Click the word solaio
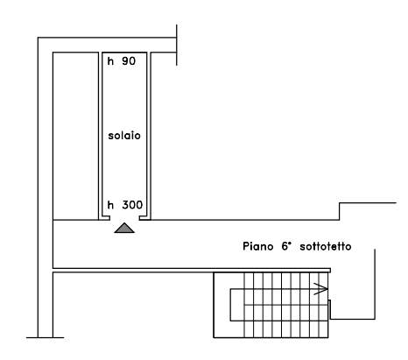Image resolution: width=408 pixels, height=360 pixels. click(x=124, y=136)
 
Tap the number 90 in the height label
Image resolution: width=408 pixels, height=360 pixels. click(x=129, y=61)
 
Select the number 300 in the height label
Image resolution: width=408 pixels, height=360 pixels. click(x=132, y=205)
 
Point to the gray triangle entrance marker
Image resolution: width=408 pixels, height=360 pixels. click(x=124, y=228)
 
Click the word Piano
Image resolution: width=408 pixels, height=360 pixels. click(x=258, y=246)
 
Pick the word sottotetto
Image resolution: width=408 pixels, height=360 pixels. click(x=326, y=246)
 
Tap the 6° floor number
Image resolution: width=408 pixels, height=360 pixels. click(x=286, y=246)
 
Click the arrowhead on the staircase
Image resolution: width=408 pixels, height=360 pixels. click(x=321, y=289)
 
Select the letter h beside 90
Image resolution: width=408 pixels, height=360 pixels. click(x=110, y=61)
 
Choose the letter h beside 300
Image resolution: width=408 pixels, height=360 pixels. click(x=110, y=205)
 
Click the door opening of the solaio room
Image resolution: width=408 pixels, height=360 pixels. click(x=124, y=218)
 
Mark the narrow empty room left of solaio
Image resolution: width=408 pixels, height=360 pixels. click(x=75, y=136)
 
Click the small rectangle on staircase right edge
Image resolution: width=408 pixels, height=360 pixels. click(x=329, y=309)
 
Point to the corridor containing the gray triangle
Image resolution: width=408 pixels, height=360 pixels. click(x=193, y=244)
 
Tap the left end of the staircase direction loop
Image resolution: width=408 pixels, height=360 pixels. click(x=230, y=305)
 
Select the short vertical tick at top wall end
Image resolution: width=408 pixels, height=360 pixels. click(x=177, y=45)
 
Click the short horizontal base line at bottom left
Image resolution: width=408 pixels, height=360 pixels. click(x=46, y=337)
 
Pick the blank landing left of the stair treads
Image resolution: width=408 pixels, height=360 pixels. click(x=229, y=305)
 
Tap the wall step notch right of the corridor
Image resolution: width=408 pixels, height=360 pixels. click(x=339, y=211)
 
